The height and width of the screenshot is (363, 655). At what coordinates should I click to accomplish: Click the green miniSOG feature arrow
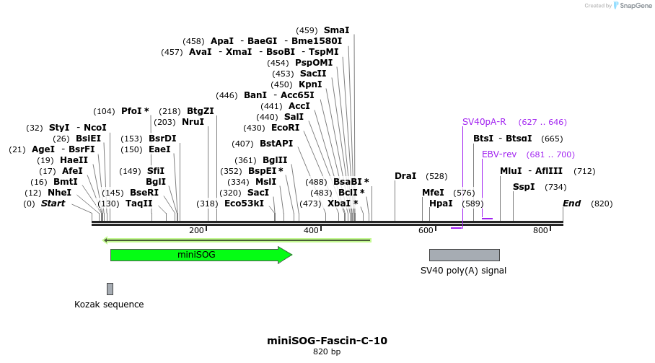(x=201, y=255)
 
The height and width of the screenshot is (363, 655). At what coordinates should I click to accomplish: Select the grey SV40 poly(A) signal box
(x=464, y=255)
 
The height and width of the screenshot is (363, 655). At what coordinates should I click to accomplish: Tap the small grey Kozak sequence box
(x=110, y=289)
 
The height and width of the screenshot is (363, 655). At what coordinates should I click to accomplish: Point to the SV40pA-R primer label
(x=484, y=122)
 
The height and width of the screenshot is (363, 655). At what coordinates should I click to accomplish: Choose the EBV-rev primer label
(x=499, y=154)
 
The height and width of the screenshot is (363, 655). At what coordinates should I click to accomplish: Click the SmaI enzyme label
(x=336, y=30)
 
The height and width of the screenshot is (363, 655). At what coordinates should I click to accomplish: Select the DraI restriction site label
(x=405, y=176)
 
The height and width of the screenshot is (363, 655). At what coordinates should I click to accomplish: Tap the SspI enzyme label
(x=524, y=187)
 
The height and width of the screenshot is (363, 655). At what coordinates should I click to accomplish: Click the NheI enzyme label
(x=59, y=193)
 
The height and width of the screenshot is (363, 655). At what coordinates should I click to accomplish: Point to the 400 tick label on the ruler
(x=311, y=231)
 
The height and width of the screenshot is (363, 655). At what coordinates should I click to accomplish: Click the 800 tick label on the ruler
(x=540, y=231)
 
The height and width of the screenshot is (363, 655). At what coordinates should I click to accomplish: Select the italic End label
(x=571, y=204)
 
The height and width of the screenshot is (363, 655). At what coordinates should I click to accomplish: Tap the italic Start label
(x=53, y=204)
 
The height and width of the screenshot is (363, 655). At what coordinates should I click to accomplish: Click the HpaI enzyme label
(x=441, y=204)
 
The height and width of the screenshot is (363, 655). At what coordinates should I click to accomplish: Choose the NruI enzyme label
(x=193, y=122)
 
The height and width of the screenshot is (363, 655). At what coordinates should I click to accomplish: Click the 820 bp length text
(x=327, y=352)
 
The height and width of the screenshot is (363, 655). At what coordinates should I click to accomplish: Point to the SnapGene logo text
(x=635, y=6)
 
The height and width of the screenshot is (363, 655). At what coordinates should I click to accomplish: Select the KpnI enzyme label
(x=311, y=84)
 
